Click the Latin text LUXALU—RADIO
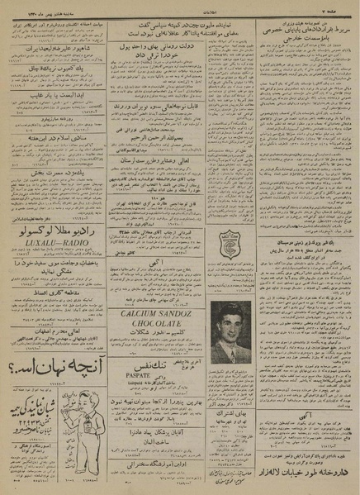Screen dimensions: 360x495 click(54, 245)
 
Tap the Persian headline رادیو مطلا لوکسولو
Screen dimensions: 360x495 click(54, 233)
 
